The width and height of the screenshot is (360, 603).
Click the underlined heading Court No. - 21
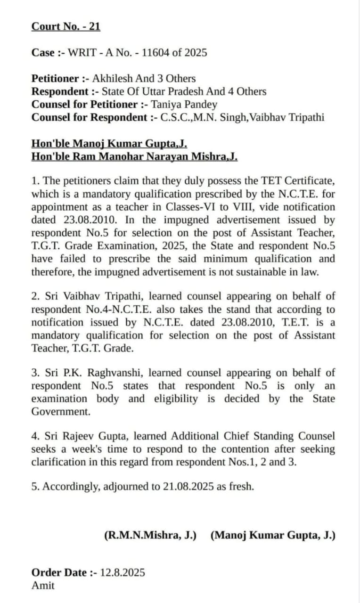65,26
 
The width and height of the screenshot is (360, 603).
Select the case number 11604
155,53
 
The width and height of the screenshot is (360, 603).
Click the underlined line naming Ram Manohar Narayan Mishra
134,156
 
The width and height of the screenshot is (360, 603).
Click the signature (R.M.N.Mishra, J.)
150,535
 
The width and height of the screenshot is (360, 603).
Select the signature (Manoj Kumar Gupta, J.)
273,535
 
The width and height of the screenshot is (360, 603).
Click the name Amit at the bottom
43,586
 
